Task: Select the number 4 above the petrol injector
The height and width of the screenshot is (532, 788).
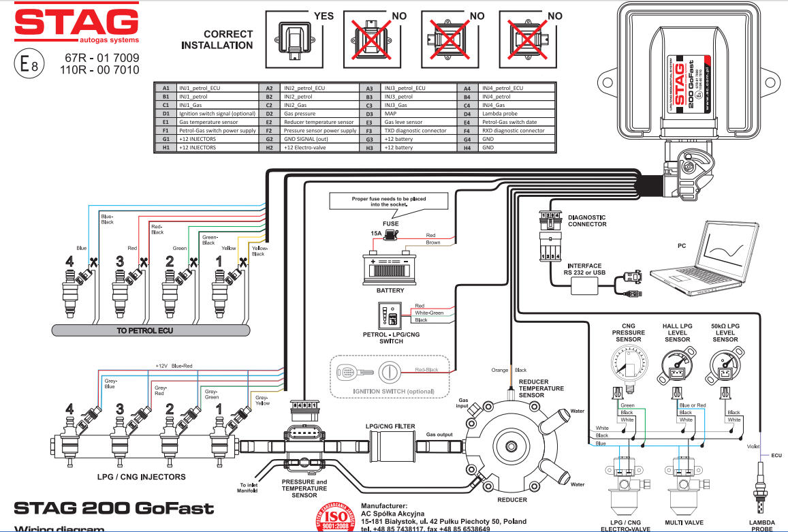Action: pyautogui.click(x=68, y=260)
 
